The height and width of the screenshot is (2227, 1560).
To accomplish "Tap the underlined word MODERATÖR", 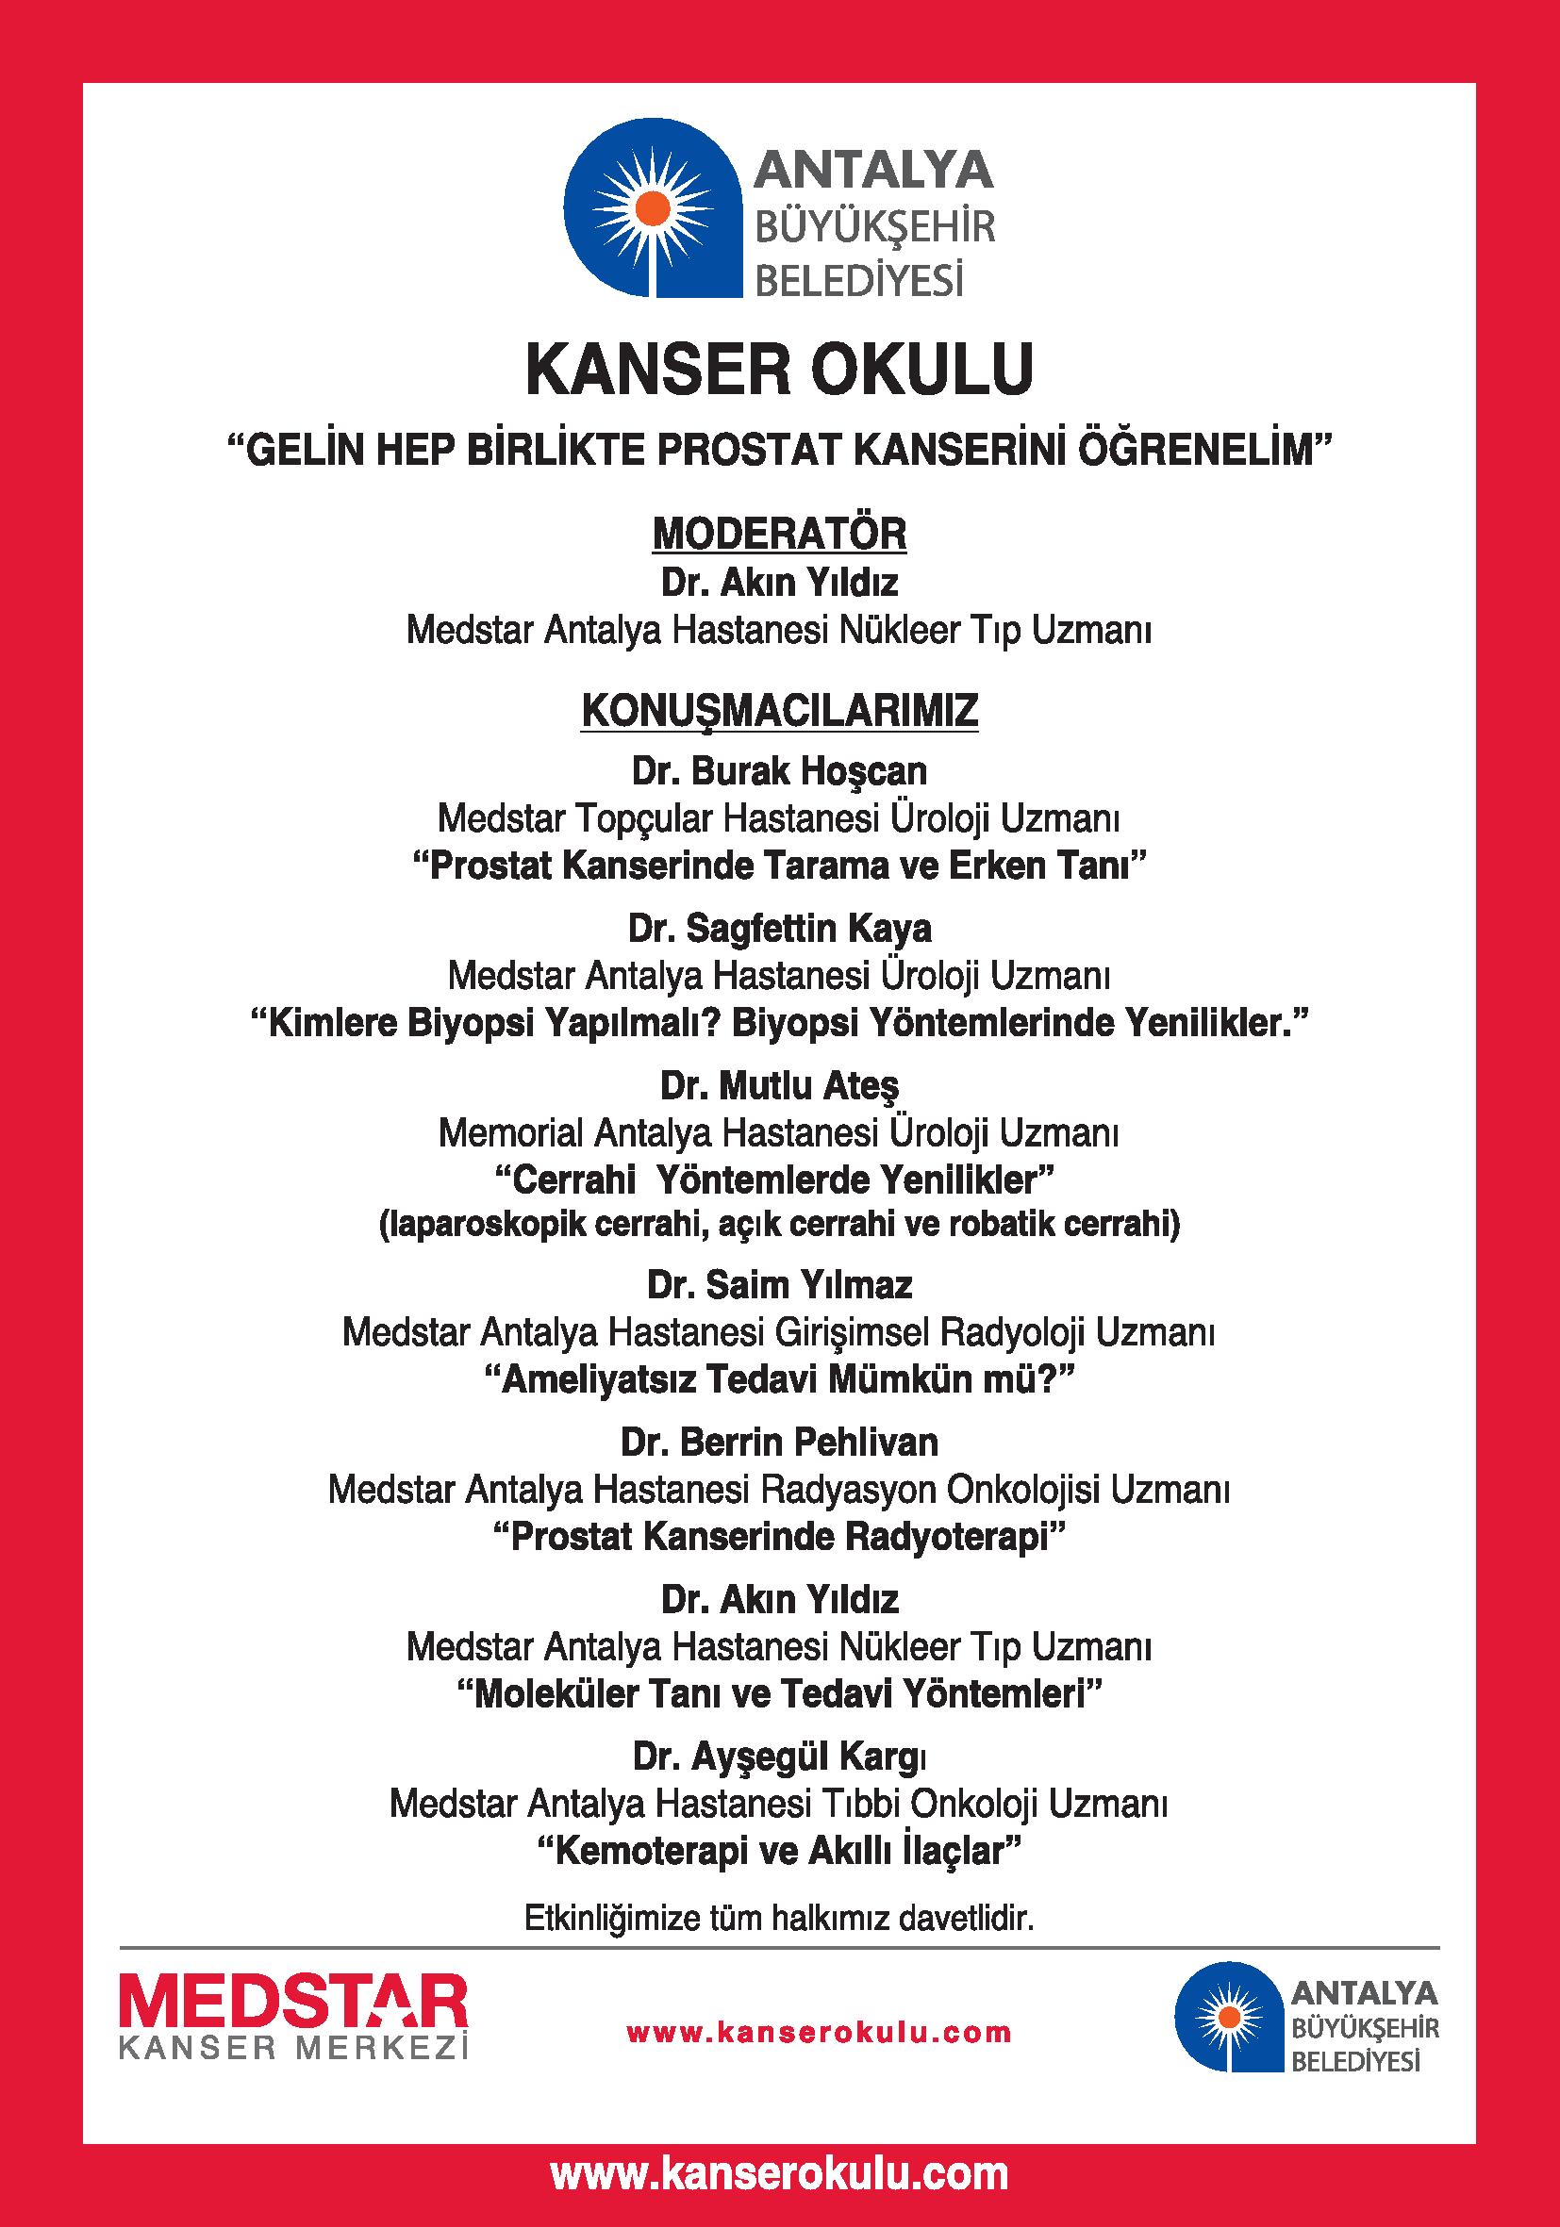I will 780,535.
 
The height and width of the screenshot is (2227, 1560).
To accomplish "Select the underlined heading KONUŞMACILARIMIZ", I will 779,711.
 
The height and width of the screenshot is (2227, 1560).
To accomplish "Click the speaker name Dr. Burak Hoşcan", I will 779,771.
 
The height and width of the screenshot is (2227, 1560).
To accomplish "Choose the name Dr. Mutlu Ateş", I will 779,1085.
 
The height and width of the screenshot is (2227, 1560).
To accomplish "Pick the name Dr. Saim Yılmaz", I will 779,1285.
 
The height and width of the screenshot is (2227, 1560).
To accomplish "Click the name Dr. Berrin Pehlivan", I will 779,1443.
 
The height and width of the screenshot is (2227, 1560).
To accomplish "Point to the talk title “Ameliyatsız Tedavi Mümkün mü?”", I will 779,1379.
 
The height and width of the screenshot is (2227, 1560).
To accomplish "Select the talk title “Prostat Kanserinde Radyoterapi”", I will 779,1537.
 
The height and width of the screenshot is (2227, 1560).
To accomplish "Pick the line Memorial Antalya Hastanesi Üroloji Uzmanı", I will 779,1133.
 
